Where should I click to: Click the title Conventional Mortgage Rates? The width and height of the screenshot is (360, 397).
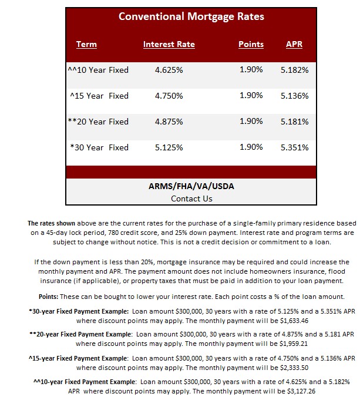click(191, 16)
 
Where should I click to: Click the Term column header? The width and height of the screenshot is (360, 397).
click(86, 45)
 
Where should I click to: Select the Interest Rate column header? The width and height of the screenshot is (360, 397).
click(169, 45)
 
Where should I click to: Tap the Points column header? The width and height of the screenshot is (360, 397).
click(251, 45)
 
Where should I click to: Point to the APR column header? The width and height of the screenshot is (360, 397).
click(294, 45)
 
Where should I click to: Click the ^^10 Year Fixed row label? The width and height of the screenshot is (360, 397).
click(98, 70)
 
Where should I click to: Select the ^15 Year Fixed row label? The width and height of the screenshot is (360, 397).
click(99, 96)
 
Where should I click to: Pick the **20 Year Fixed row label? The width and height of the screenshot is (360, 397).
click(98, 122)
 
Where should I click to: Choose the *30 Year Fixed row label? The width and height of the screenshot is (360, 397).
click(99, 147)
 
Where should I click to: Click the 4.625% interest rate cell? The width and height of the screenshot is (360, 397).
click(169, 70)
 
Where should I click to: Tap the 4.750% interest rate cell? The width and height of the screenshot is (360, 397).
click(169, 96)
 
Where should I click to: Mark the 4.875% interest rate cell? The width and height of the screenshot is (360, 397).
click(169, 122)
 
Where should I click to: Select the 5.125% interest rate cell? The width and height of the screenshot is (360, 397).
click(169, 147)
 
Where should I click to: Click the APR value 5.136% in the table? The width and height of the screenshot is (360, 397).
click(294, 96)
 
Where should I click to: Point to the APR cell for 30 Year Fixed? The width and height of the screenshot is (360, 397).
click(294, 147)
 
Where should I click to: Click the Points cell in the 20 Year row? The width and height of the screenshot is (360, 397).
click(251, 122)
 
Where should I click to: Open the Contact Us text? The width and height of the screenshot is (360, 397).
click(191, 198)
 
